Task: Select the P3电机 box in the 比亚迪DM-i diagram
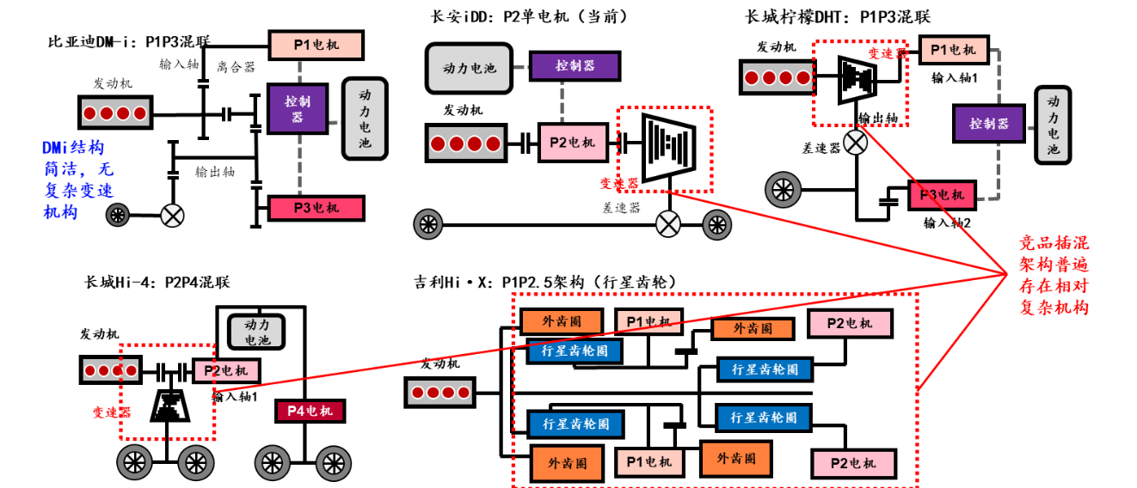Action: point(317,208)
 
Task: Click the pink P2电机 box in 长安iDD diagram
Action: point(571,143)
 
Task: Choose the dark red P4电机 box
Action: point(309,411)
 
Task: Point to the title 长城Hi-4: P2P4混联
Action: point(157,282)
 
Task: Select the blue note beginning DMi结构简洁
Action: point(78,180)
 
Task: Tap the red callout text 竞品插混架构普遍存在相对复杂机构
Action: point(1054,274)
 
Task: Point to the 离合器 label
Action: point(235,66)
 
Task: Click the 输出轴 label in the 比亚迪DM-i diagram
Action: point(214,172)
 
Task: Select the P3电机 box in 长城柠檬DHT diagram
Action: point(943,195)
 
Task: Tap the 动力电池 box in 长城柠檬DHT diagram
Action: point(1054,125)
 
